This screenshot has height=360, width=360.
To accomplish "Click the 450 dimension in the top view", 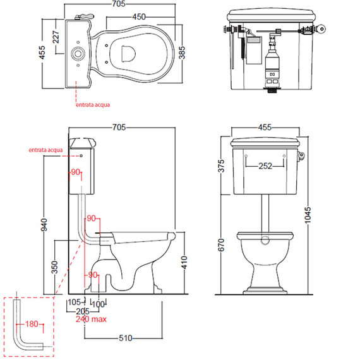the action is click(139, 17).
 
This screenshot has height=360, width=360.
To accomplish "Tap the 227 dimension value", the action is click(56, 37).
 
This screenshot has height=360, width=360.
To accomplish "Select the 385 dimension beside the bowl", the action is click(182, 52).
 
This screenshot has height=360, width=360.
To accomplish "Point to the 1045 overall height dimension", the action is click(308, 215).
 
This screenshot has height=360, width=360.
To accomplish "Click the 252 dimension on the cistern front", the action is click(265, 165).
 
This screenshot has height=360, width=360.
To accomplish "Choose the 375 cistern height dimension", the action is click(221, 165).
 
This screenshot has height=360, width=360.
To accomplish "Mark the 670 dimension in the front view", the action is click(221, 245).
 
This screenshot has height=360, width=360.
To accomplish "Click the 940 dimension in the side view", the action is click(44, 225).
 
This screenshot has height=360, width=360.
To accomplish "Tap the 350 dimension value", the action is click(54, 267).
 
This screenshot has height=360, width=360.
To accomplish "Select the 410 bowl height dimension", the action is click(184, 263).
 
